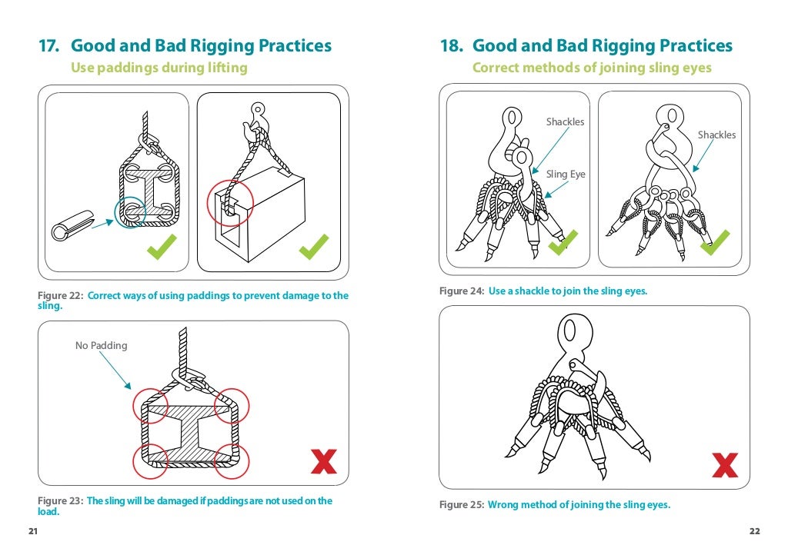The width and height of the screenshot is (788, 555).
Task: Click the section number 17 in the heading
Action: tap(48, 46)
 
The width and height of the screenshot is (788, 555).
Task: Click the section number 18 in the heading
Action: tap(450, 46)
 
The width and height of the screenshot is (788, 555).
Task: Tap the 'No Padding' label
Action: tap(101, 346)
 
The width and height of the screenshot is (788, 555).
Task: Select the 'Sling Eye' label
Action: tap(566, 174)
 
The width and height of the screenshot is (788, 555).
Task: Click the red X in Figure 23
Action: tap(323, 461)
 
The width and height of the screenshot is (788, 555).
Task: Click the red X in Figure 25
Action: tap(725, 464)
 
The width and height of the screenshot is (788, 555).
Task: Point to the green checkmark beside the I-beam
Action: tap(162, 246)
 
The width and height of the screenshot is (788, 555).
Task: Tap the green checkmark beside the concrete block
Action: tap(314, 246)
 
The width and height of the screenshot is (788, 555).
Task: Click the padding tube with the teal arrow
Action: tap(72, 225)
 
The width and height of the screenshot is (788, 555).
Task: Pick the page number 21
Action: tap(32, 532)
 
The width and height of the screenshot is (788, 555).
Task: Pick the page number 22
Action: tap(754, 532)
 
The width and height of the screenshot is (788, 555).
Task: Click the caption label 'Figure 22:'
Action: tap(61, 296)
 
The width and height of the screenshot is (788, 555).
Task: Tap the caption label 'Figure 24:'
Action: tap(461, 291)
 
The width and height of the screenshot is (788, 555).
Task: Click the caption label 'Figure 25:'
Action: tap(461, 505)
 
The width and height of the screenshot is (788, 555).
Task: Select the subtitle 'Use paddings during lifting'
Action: tap(159, 68)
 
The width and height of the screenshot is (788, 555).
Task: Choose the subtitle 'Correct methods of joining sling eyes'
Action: tap(592, 68)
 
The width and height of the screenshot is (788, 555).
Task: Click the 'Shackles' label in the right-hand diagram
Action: tap(716, 135)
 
